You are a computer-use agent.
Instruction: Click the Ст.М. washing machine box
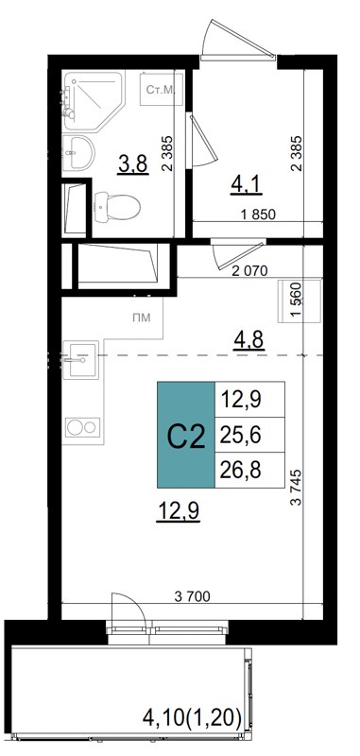[159, 92]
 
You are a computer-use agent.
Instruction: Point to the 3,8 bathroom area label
[130, 165]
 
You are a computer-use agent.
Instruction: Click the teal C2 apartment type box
[185, 437]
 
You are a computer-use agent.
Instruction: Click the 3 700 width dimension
[192, 595]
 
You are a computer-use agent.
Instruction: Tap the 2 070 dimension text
[249, 270]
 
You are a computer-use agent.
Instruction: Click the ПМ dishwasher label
[141, 318]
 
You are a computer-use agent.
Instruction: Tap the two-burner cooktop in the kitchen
[82, 428]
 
